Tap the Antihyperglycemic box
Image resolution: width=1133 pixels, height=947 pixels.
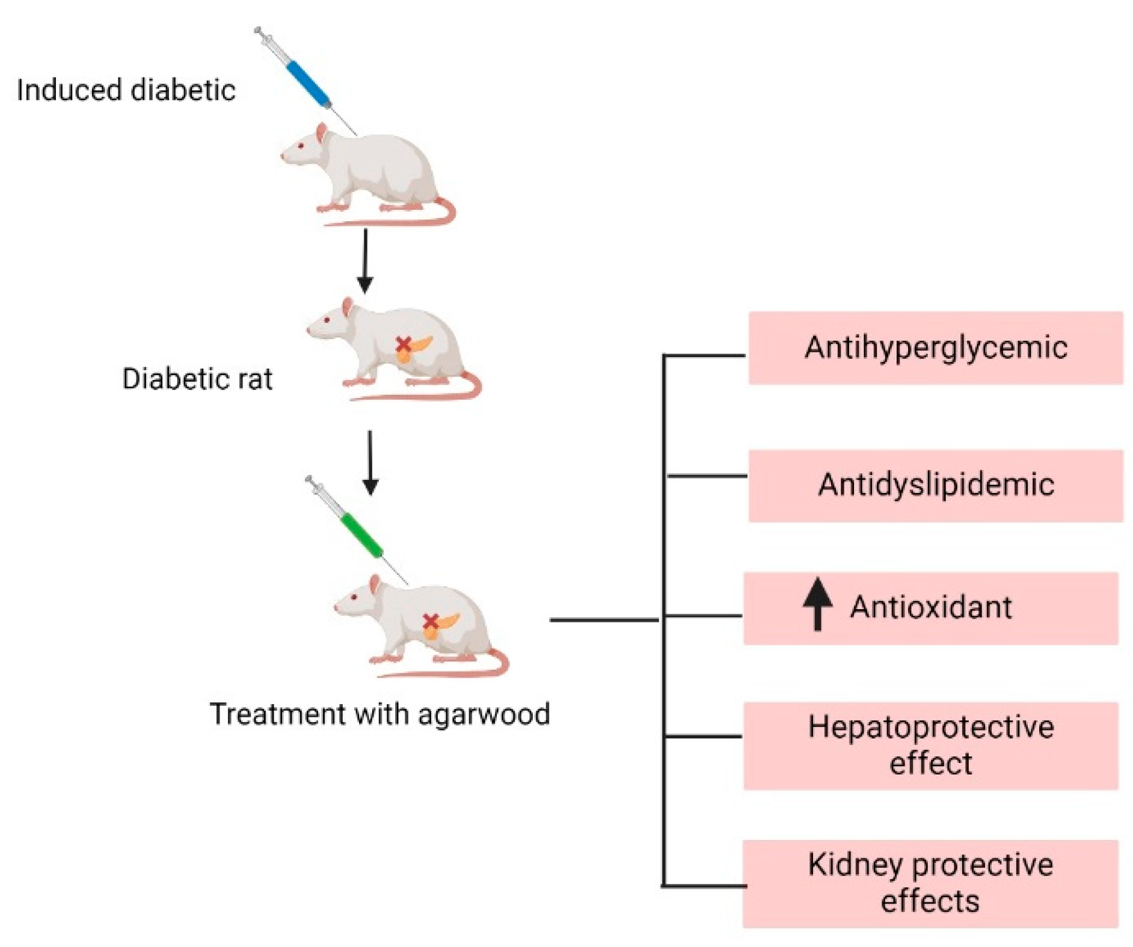pyautogui.click(x=935, y=348)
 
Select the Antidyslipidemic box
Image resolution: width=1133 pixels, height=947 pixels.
pyautogui.click(x=935, y=485)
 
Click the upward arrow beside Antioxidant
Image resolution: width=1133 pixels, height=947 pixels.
pyautogui.click(x=817, y=604)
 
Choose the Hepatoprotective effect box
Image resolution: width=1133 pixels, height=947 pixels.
pyautogui.click(x=930, y=745)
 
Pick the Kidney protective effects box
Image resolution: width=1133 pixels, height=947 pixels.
pyautogui.click(x=930, y=883)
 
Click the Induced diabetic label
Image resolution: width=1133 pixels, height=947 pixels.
pyautogui.click(x=126, y=90)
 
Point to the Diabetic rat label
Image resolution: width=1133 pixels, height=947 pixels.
pyautogui.click(x=197, y=379)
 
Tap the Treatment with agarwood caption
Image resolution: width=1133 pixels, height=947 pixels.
pyautogui.click(x=379, y=714)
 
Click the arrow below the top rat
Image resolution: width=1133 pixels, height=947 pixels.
pyautogui.click(x=365, y=260)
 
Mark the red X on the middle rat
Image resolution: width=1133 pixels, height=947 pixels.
pyautogui.click(x=403, y=345)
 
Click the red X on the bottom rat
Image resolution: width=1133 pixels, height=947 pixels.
pyautogui.click(x=430, y=621)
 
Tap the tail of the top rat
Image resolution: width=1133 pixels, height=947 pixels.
pyautogui.click(x=421, y=219)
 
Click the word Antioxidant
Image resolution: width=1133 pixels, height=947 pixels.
pyautogui.click(x=930, y=607)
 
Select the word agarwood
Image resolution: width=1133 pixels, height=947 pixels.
pyautogui.click(x=484, y=714)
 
